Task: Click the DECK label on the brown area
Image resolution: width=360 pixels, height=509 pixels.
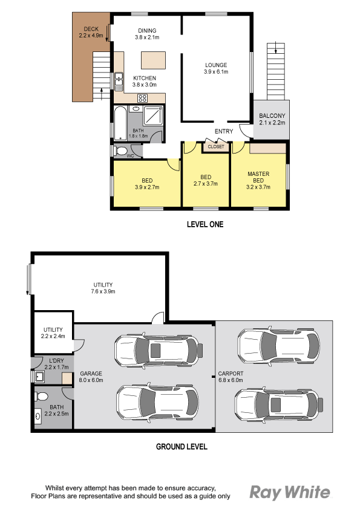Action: click(x=91, y=29)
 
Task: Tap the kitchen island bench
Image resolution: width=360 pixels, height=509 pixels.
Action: click(x=153, y=60)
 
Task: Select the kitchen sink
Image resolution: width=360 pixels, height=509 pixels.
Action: click(x=119, y=82)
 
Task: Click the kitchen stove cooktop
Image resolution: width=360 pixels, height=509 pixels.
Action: click(x=142, y=98)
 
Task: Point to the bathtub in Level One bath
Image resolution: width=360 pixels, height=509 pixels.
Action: click(x=120, y=123)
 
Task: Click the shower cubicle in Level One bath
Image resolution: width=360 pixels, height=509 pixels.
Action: click(x=152, y=115)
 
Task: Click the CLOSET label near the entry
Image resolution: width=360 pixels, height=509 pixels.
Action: click(x=216, y=147)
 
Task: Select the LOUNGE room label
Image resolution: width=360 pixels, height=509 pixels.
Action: click(x=216, y=65)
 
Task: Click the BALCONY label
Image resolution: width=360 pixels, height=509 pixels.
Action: click(x=272, y=115)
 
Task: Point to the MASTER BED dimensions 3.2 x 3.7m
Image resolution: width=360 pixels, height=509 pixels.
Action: click(x=258, y=187)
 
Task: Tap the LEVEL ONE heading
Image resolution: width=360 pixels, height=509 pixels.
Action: click(x=205, y=224)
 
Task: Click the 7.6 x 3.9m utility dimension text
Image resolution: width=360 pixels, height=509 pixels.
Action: click(x=103, y=291)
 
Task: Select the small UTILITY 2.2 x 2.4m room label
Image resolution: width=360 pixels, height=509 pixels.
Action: click(x=53, y=332)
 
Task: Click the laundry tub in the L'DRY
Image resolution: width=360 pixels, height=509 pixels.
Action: click(x=39, y=377)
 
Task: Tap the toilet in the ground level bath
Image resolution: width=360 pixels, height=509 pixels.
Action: click(x=41, y=397)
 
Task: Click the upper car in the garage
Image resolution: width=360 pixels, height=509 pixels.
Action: click(x=159, y=350)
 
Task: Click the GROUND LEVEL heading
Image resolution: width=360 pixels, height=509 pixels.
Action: click(x=182, y=447)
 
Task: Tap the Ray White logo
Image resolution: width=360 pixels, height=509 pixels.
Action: click(x=290, y=493)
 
